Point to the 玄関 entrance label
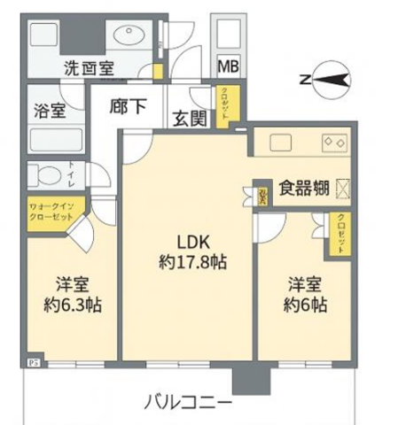tap(189, 116)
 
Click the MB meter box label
tap(229, 66)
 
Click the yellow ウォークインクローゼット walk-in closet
tap(54, 215)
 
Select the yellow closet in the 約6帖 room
tap(339, 235)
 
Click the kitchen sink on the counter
tap(282, 142)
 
